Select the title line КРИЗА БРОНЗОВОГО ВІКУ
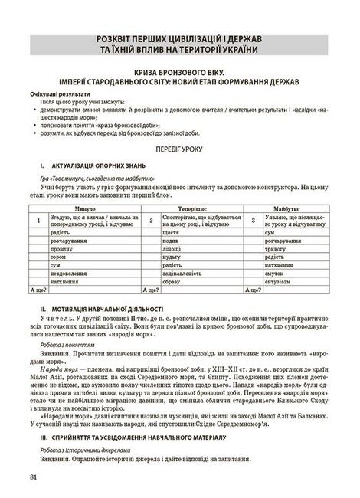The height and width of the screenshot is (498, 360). pyautogui.click(x=179, y=69)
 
